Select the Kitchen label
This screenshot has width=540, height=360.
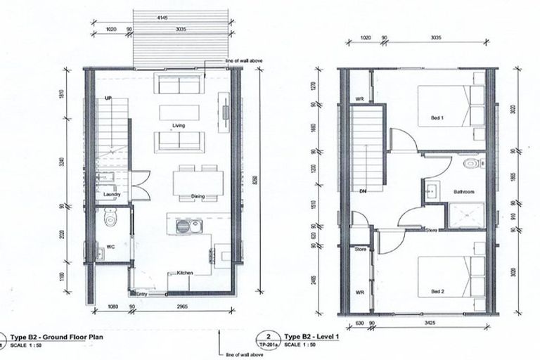click(184, 273)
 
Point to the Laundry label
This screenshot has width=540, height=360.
click(112, 194)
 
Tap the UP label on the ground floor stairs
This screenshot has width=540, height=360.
click(108, 98)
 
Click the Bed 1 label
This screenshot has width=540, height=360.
click(437, 118)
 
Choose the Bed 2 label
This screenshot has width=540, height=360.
click(437, 290)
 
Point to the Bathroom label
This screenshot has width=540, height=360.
click(464, 191)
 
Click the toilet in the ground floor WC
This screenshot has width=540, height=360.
click(109, 220)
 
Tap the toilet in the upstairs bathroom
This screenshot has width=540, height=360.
click(470, 165)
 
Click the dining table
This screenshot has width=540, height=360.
click(198, 182)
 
